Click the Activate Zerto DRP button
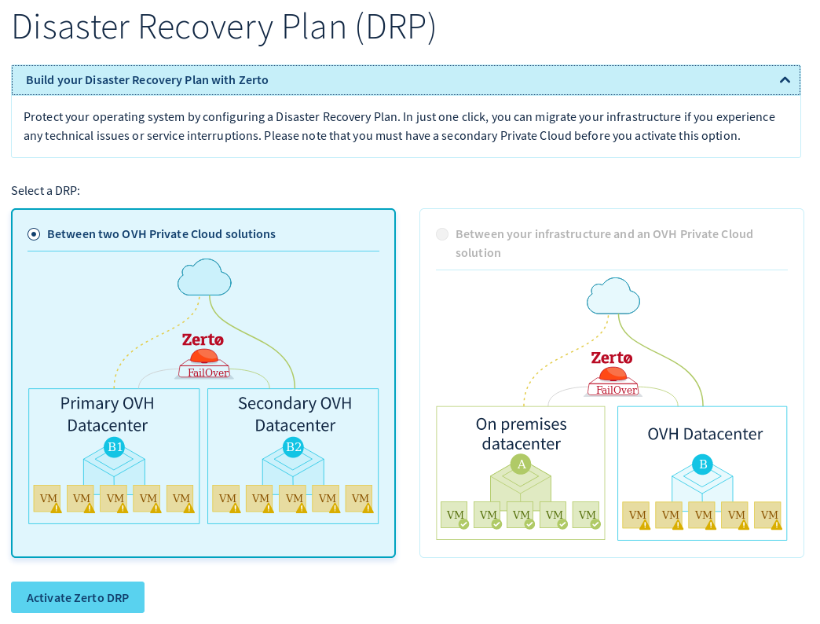click(78, 597)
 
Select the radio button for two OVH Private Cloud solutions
click(34, 233)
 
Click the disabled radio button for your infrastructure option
click(442, 234)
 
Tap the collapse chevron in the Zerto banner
click(784, 80)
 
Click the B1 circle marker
click(115, 447)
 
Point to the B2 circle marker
click(293, 447)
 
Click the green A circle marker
click(520, 464)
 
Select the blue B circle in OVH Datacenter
click(703, 464)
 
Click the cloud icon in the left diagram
click(204, 277)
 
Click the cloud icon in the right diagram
click(613, 296)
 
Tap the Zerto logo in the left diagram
click(203, 340)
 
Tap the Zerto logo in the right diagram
click(612, 358)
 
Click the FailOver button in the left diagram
click(204, 369)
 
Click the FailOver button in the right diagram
click(613, 387)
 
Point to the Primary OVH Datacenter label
click(108, 414)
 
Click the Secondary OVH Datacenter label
click(295, 414)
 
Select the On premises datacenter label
click(521, 434)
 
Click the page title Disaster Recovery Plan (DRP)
click(224, 27)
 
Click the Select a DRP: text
click(46, 191)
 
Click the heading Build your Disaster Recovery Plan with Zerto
click(147, 80)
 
